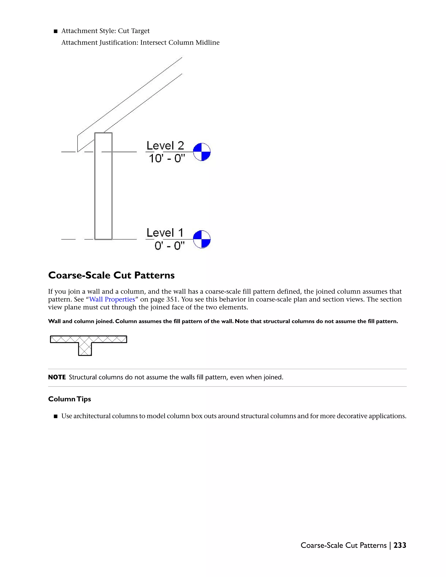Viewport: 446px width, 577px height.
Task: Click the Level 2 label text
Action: pyautogui.click(x=165, y=146)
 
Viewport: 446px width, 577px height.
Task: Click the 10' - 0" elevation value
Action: pyautogui.click(x=166, y=159)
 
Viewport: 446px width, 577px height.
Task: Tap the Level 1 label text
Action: pyautogui.click(x=165, y=233)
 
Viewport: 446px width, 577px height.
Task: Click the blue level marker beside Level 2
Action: pyautogui.click(x=202, y=152)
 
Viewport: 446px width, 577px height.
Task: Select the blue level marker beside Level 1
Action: pyautogui.click(x=202, y=239)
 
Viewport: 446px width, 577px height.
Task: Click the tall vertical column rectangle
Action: pyautogui.click(x=103, y=186)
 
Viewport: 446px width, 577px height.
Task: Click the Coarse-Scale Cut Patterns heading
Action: pyautogui.click(x=111, y=275)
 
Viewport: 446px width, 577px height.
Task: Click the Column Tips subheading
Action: pyautogui.click(x=69, y=399)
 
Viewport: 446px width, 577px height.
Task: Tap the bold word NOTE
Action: pyautogui.click(x=57, y=377)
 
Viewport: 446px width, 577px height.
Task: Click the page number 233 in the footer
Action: pyautogui.click(x=400, y=545)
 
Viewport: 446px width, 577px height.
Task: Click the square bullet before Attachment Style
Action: pyautogui.click(x=56, y=31)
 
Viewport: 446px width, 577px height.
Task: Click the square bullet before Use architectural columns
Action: pyautogui.click(x=56, y=416)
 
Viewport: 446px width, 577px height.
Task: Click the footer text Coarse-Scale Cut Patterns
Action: pyautogui.click(x=343, y=545)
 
